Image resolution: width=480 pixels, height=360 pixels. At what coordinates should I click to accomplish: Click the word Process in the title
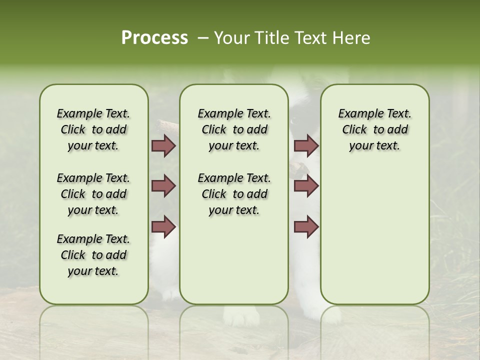pos(154,38)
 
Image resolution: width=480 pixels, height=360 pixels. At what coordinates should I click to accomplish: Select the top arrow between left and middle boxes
pos(163,146)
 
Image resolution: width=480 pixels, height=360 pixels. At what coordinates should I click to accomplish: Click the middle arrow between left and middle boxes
pos(163,186)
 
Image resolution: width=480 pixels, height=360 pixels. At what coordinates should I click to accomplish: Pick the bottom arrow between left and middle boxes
pos(163,227)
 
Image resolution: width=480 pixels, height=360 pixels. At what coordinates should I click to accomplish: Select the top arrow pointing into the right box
pos(306,146)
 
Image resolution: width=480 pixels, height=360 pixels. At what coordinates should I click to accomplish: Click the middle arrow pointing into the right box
pos(306,186)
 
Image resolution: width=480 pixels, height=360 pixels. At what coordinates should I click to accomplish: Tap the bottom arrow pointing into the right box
pos(306,227)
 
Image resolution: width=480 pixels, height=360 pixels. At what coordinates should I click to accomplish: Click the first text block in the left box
pos(93,129)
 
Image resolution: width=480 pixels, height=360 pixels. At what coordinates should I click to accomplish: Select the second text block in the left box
pos(93,194)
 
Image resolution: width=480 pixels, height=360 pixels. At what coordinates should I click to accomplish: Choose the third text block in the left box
pos(93,255)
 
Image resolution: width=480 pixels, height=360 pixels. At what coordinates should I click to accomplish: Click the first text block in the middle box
pos(234,129)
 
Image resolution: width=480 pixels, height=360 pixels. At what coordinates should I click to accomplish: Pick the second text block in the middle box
pos(234,194)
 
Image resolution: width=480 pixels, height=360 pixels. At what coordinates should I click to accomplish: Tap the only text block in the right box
pos(375,129)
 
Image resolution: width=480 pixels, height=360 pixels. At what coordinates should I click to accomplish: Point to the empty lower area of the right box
pos(375,235)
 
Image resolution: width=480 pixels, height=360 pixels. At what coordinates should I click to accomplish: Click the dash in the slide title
pos(203,38)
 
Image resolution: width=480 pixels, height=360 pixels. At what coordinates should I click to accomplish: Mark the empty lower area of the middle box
pos(234,260)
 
